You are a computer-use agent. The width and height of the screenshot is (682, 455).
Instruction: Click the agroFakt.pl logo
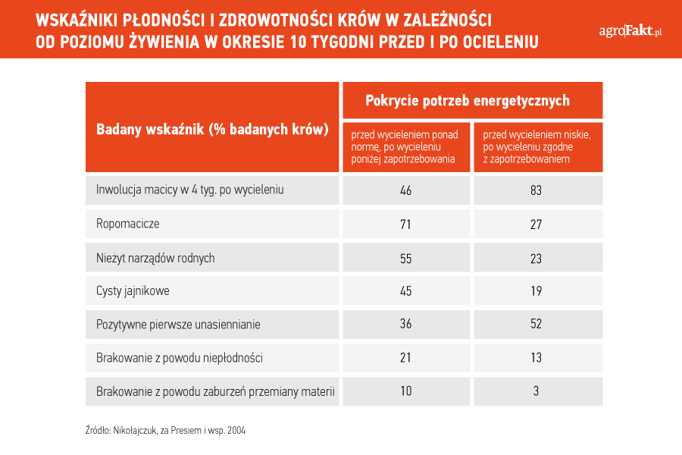(630, 31)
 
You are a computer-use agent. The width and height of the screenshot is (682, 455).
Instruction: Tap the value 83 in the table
(536, 190)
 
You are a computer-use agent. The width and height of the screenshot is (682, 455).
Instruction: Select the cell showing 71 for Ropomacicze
(405, 224)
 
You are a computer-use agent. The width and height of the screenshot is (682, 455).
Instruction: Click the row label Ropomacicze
(128, 224)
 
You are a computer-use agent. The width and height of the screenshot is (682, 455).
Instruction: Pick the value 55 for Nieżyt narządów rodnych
(406, 259)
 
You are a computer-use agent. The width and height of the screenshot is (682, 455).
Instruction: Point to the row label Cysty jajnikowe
(133, 291)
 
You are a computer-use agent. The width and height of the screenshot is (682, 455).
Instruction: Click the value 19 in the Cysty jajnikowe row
(537, 291)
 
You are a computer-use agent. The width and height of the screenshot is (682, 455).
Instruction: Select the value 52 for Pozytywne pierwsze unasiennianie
(536, 324)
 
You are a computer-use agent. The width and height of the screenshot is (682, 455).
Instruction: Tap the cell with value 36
(406, 324)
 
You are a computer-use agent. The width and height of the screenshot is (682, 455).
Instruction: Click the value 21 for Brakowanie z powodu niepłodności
(405, 357)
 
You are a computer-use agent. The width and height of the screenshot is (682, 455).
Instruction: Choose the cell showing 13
(537, 357)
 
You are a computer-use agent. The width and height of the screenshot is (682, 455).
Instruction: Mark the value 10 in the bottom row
(406, 391)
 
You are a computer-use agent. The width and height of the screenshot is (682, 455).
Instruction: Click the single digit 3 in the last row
(536, 391)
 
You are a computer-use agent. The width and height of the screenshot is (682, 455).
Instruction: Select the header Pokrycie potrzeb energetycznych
(468, 101)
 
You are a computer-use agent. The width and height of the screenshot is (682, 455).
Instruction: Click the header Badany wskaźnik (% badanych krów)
(212, 130)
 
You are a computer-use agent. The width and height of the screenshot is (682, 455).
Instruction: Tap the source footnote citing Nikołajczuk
(165, 431)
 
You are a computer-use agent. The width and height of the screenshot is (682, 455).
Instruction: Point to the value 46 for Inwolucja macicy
(406, 190)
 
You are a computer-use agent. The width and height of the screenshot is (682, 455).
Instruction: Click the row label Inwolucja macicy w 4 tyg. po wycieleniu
(189, 190)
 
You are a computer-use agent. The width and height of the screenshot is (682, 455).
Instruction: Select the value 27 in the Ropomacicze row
(536, 224)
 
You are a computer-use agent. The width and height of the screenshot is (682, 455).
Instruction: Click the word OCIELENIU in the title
(501, 42)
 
